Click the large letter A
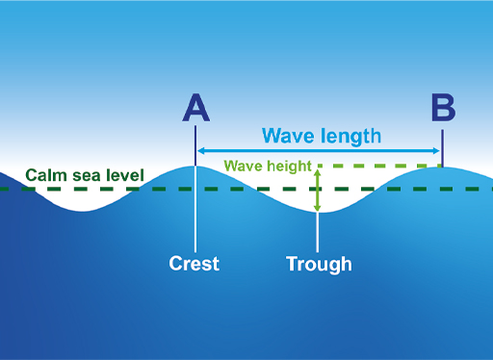coord(195,108)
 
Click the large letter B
coord(443,108)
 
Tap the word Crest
coord(195,263)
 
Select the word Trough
coord(319,263)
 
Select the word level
coord(125,176)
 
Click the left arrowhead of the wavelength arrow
coord(200,150)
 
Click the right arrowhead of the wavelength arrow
coord(437,150)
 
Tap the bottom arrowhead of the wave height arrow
coord(318,208)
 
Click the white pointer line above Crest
coord(195,212)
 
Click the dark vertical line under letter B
coord(442,142)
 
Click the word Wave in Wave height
coord(243,166)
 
